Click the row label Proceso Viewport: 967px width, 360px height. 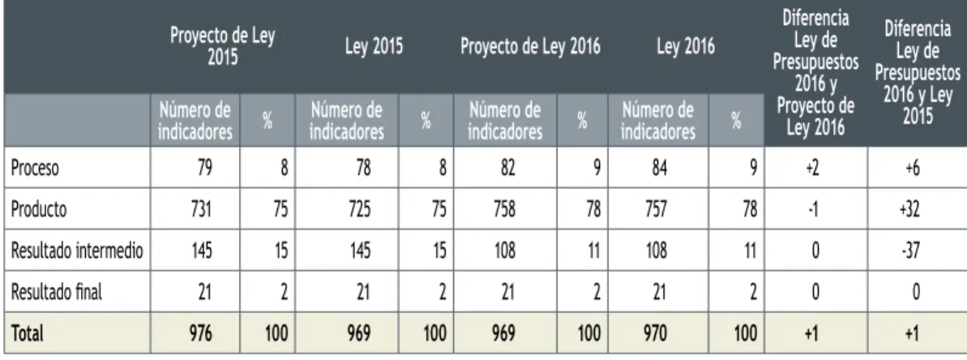tap(35, 169)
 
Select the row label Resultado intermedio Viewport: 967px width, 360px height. tap(77, 251)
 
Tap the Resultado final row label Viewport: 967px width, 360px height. tap(56, 292)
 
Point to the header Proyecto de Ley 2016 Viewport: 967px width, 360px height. tap(530, 47)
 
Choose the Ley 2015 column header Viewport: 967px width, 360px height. tap(374, 47)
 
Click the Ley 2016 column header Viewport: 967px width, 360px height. tap(686, 47)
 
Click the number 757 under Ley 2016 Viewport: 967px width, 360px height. tap(659, 209)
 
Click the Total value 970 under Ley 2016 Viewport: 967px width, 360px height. tap(659, 333)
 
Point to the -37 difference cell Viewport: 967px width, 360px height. tap(917, 251)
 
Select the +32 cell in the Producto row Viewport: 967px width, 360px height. tap(917, 209)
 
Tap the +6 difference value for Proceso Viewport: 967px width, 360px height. tap(917, 169)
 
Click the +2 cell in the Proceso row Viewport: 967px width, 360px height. tap(815, 169)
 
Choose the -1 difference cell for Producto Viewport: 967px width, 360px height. tap(815, 209)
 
